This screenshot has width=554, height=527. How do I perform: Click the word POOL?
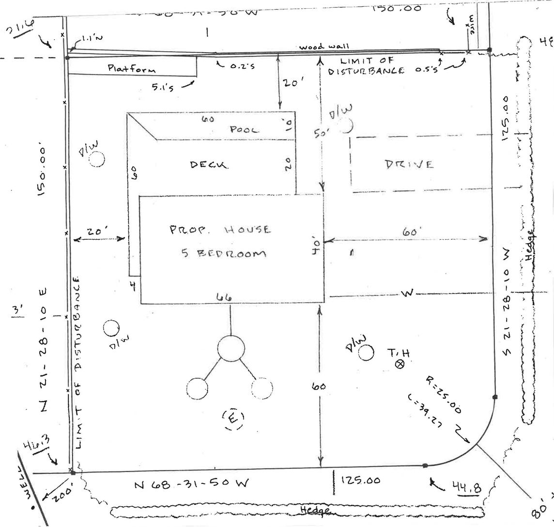(245, 129)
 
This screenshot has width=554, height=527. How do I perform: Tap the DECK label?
(209, 165)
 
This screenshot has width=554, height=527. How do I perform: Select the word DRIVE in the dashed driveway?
(409, 164)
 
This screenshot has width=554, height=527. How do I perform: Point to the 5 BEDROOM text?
(224, 253)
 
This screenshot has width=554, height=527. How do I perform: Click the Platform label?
(132, 68)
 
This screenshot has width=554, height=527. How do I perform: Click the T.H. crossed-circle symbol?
(400, 364)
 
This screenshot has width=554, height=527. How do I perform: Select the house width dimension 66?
(223, 297)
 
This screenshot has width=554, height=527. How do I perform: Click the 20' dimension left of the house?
(97, 232)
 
